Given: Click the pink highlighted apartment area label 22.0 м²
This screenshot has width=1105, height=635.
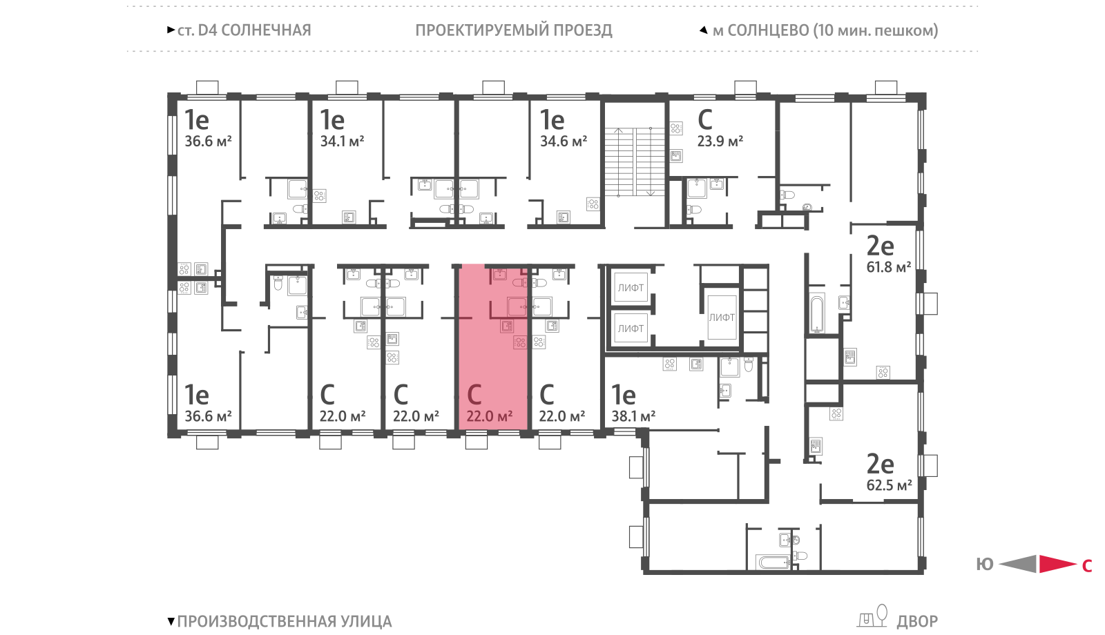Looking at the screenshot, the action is pos(490,416).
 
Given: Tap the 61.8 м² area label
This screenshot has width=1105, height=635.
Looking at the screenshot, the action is pos(888,267).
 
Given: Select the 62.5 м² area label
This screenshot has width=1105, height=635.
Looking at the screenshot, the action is pos(889,485).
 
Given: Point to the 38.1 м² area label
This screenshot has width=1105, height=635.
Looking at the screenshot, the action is pos(633,417).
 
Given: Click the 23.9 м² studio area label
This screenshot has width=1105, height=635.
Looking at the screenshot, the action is pos(720,141).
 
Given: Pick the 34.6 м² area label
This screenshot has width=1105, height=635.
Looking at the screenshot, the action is pos(564,141).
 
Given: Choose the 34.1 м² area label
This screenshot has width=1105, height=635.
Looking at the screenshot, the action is pos(342,141).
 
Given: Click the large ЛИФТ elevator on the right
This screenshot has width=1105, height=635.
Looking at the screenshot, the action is pos(722,317).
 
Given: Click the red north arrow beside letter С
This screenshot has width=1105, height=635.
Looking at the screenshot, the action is pos(1057,564).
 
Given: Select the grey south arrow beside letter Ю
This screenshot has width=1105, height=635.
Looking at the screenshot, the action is pos(1018,564).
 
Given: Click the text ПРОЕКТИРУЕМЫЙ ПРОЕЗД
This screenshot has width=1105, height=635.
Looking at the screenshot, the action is pos(514,30).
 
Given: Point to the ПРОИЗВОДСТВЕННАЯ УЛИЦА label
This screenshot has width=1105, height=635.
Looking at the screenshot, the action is pos(284,621).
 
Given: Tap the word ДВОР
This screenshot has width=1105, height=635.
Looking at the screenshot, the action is pos(917,621).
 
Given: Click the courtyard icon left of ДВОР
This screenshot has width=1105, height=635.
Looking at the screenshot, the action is pos(873,616).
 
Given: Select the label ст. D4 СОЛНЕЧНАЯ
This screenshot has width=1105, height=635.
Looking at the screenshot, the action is pos(244,30).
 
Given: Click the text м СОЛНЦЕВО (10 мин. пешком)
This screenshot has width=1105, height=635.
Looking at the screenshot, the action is pos(825,30).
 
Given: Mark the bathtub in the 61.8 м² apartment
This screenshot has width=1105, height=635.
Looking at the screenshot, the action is pos(818,313).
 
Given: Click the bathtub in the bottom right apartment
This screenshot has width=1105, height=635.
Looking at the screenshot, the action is pos(774,562).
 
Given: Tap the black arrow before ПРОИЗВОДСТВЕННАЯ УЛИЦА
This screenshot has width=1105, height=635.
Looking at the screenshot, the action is pos(171,621).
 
